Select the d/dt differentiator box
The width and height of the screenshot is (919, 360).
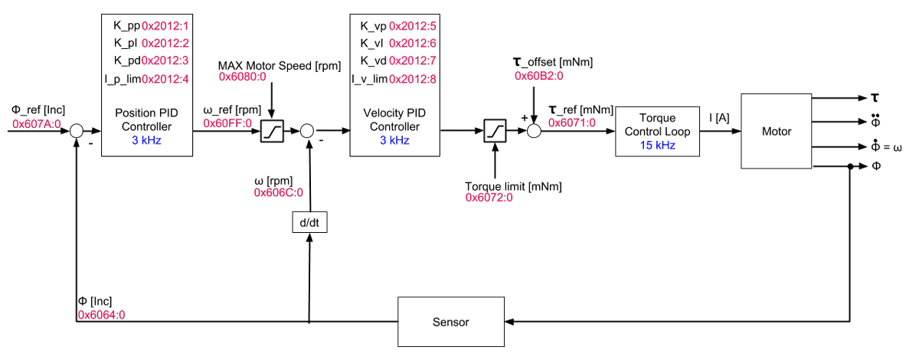tap(309, 222)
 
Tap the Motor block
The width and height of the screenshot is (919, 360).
tap(776, 131)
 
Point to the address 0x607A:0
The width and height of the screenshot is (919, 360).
tap(36, 123)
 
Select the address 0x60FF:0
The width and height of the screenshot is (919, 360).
tap(227, 123)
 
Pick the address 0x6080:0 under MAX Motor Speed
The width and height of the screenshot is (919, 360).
tap(243, 77)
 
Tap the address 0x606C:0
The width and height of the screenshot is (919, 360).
tap(278, 193)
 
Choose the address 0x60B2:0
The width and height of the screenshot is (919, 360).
tap(538, 76)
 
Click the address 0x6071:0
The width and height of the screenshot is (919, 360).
tap(572, 122)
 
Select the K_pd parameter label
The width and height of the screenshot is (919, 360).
tap(126, 60)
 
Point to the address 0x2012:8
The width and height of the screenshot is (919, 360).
tap(413, 79)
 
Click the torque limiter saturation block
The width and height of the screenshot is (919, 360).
tap(495, 131)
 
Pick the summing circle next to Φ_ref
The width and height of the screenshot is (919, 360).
tap(77, 131)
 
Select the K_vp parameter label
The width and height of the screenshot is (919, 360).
tap(373, 26)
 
